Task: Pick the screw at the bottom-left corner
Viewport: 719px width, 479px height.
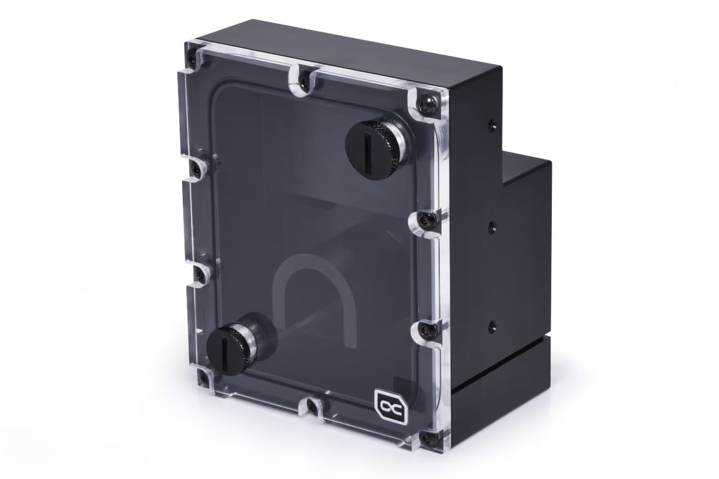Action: pos(203,377)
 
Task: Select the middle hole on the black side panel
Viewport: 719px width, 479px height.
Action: pos(492,225)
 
